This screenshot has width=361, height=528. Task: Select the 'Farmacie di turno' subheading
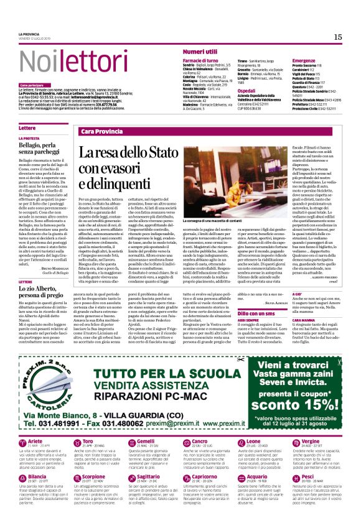[x=200, y=60]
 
